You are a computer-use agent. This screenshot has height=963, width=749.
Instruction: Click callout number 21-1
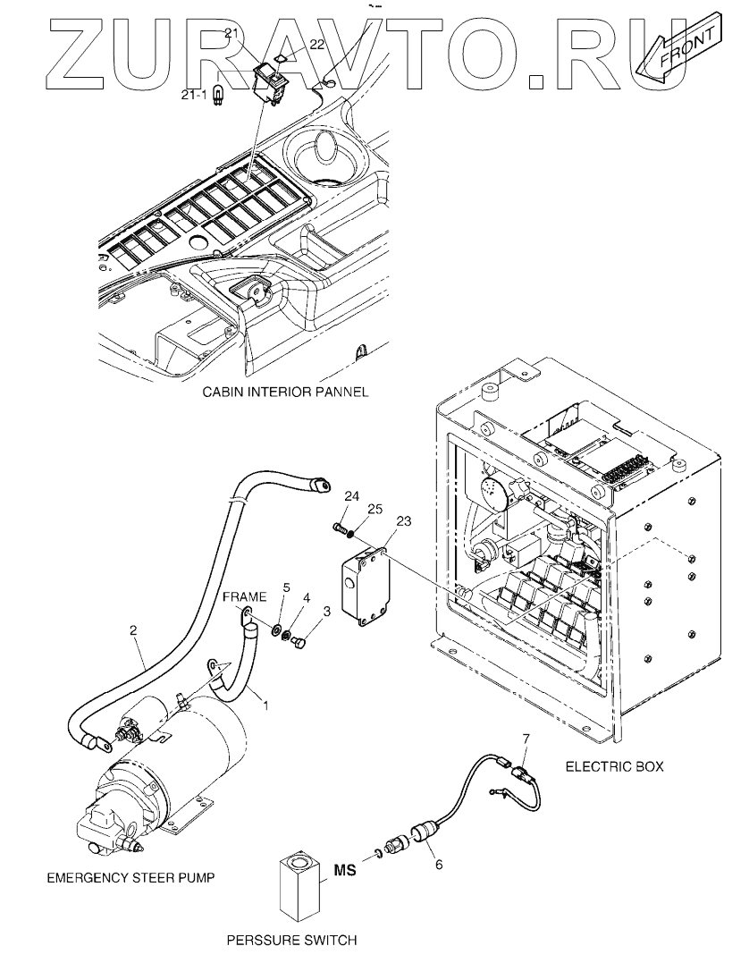click(193, 95)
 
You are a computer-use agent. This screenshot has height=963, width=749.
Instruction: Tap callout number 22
click(316, 44)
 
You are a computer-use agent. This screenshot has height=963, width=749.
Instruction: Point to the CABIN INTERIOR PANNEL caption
click(285, 392)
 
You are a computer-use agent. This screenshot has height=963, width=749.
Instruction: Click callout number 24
click(351, 496)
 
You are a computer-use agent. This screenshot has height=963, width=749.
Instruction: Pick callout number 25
click(374, 509)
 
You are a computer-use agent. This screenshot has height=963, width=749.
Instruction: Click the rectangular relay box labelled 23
click(366, 587)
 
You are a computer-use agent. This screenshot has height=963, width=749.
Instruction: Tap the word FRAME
click(244, 596)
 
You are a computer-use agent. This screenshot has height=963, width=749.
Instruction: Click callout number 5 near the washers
click(285, 587)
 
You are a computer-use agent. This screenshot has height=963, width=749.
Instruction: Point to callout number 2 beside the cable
click(133, 629)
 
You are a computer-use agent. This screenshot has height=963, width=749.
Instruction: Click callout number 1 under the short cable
click(265, 706)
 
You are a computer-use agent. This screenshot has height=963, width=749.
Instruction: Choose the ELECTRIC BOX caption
click(615, 766)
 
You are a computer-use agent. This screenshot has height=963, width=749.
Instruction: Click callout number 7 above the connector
click(525, 738)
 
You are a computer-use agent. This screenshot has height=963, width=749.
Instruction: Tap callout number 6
click(438, 864)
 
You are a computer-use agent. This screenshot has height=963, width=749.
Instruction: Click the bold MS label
click(345, 870)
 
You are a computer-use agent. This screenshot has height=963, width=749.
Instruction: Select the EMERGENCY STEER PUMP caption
click(130, 878)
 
